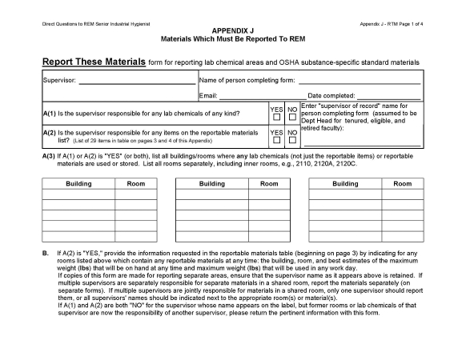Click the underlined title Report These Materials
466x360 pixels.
point(94,62)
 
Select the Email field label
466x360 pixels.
point(208,96)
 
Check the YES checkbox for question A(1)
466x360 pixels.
point(275,117)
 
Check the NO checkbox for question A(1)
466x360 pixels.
point(292,117)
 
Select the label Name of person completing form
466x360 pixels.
point(247,81)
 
